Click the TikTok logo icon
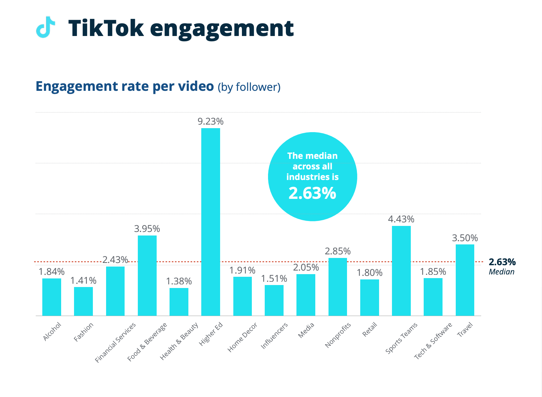pyautogui.click(x=45, y=27)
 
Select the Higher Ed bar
pyautogui.click(x=211, y=222)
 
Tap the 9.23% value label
pyautogui.click(x=211, y=122)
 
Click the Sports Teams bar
pyautogui.click(x=401, y=271)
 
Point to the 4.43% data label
pyautogui.click(x=401, y=219)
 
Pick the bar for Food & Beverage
pyautogui.click(x=147, y=275)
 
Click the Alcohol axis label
pyautogui.click(x=52, y=331)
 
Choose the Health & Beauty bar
pyautogui.click(x=179, y=302)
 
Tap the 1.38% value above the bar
pyautogui.click(x=179, y=281)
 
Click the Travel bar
pyautogui.click(x=465, y=280)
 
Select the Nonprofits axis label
pyautogui.click(x=337, y=335)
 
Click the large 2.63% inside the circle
pyautogui.click(x=312, y=193)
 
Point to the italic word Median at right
pyautogui.click(x=501, y=272)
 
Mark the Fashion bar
pyautogui.click(x=83, y=301)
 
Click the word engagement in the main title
pyautogui.click(x=222, y=28)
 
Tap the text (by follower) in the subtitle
pyautogui.click(x=249, y=87)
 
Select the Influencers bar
pyautogui.click(x=274, y=300)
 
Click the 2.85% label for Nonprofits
pyautogui.click(x=337, y=251)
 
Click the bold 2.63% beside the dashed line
pyautogui.click(x=502, y=262)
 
